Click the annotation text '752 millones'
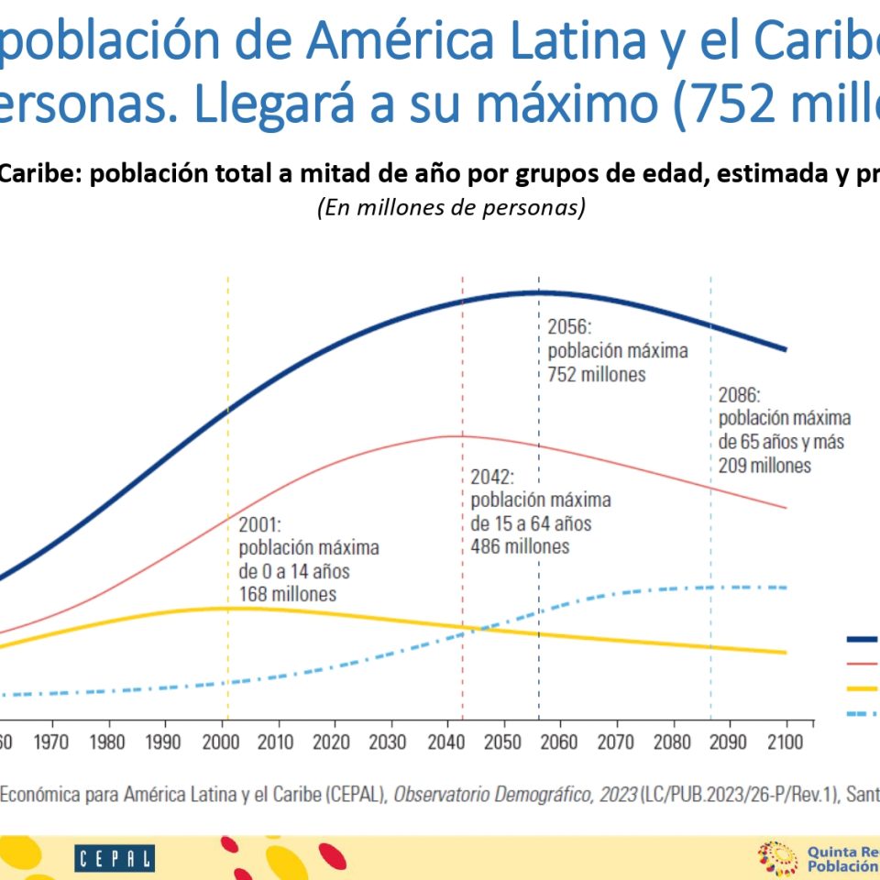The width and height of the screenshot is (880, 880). coord(597,374)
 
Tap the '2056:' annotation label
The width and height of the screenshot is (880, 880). coord(571,327)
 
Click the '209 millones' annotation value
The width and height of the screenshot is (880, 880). coord(765,465)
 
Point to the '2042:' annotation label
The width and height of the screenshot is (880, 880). coord(493,478)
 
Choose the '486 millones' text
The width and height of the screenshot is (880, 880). coord(520,546)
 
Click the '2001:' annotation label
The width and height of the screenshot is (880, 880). coord(261,525)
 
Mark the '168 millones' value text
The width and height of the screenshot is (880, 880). coord(287,594)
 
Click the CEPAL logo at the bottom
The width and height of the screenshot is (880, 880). coord(115,859)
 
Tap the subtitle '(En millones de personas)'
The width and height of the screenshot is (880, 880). coord(451,207)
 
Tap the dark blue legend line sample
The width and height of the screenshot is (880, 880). coord(862,639)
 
